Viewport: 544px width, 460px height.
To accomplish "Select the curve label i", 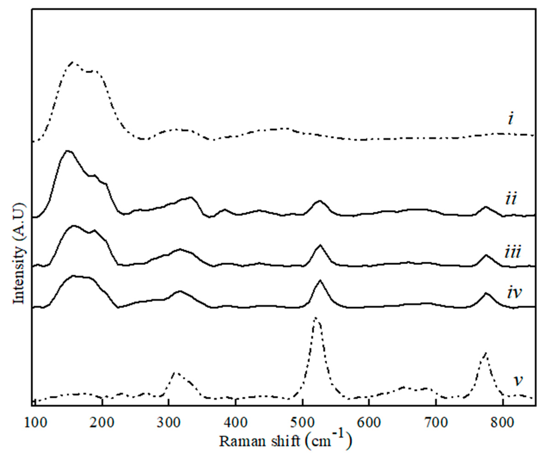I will point(510,120).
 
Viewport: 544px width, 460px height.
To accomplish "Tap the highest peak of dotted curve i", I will point(72,62).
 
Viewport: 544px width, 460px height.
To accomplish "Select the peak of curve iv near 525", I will point(320,280).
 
